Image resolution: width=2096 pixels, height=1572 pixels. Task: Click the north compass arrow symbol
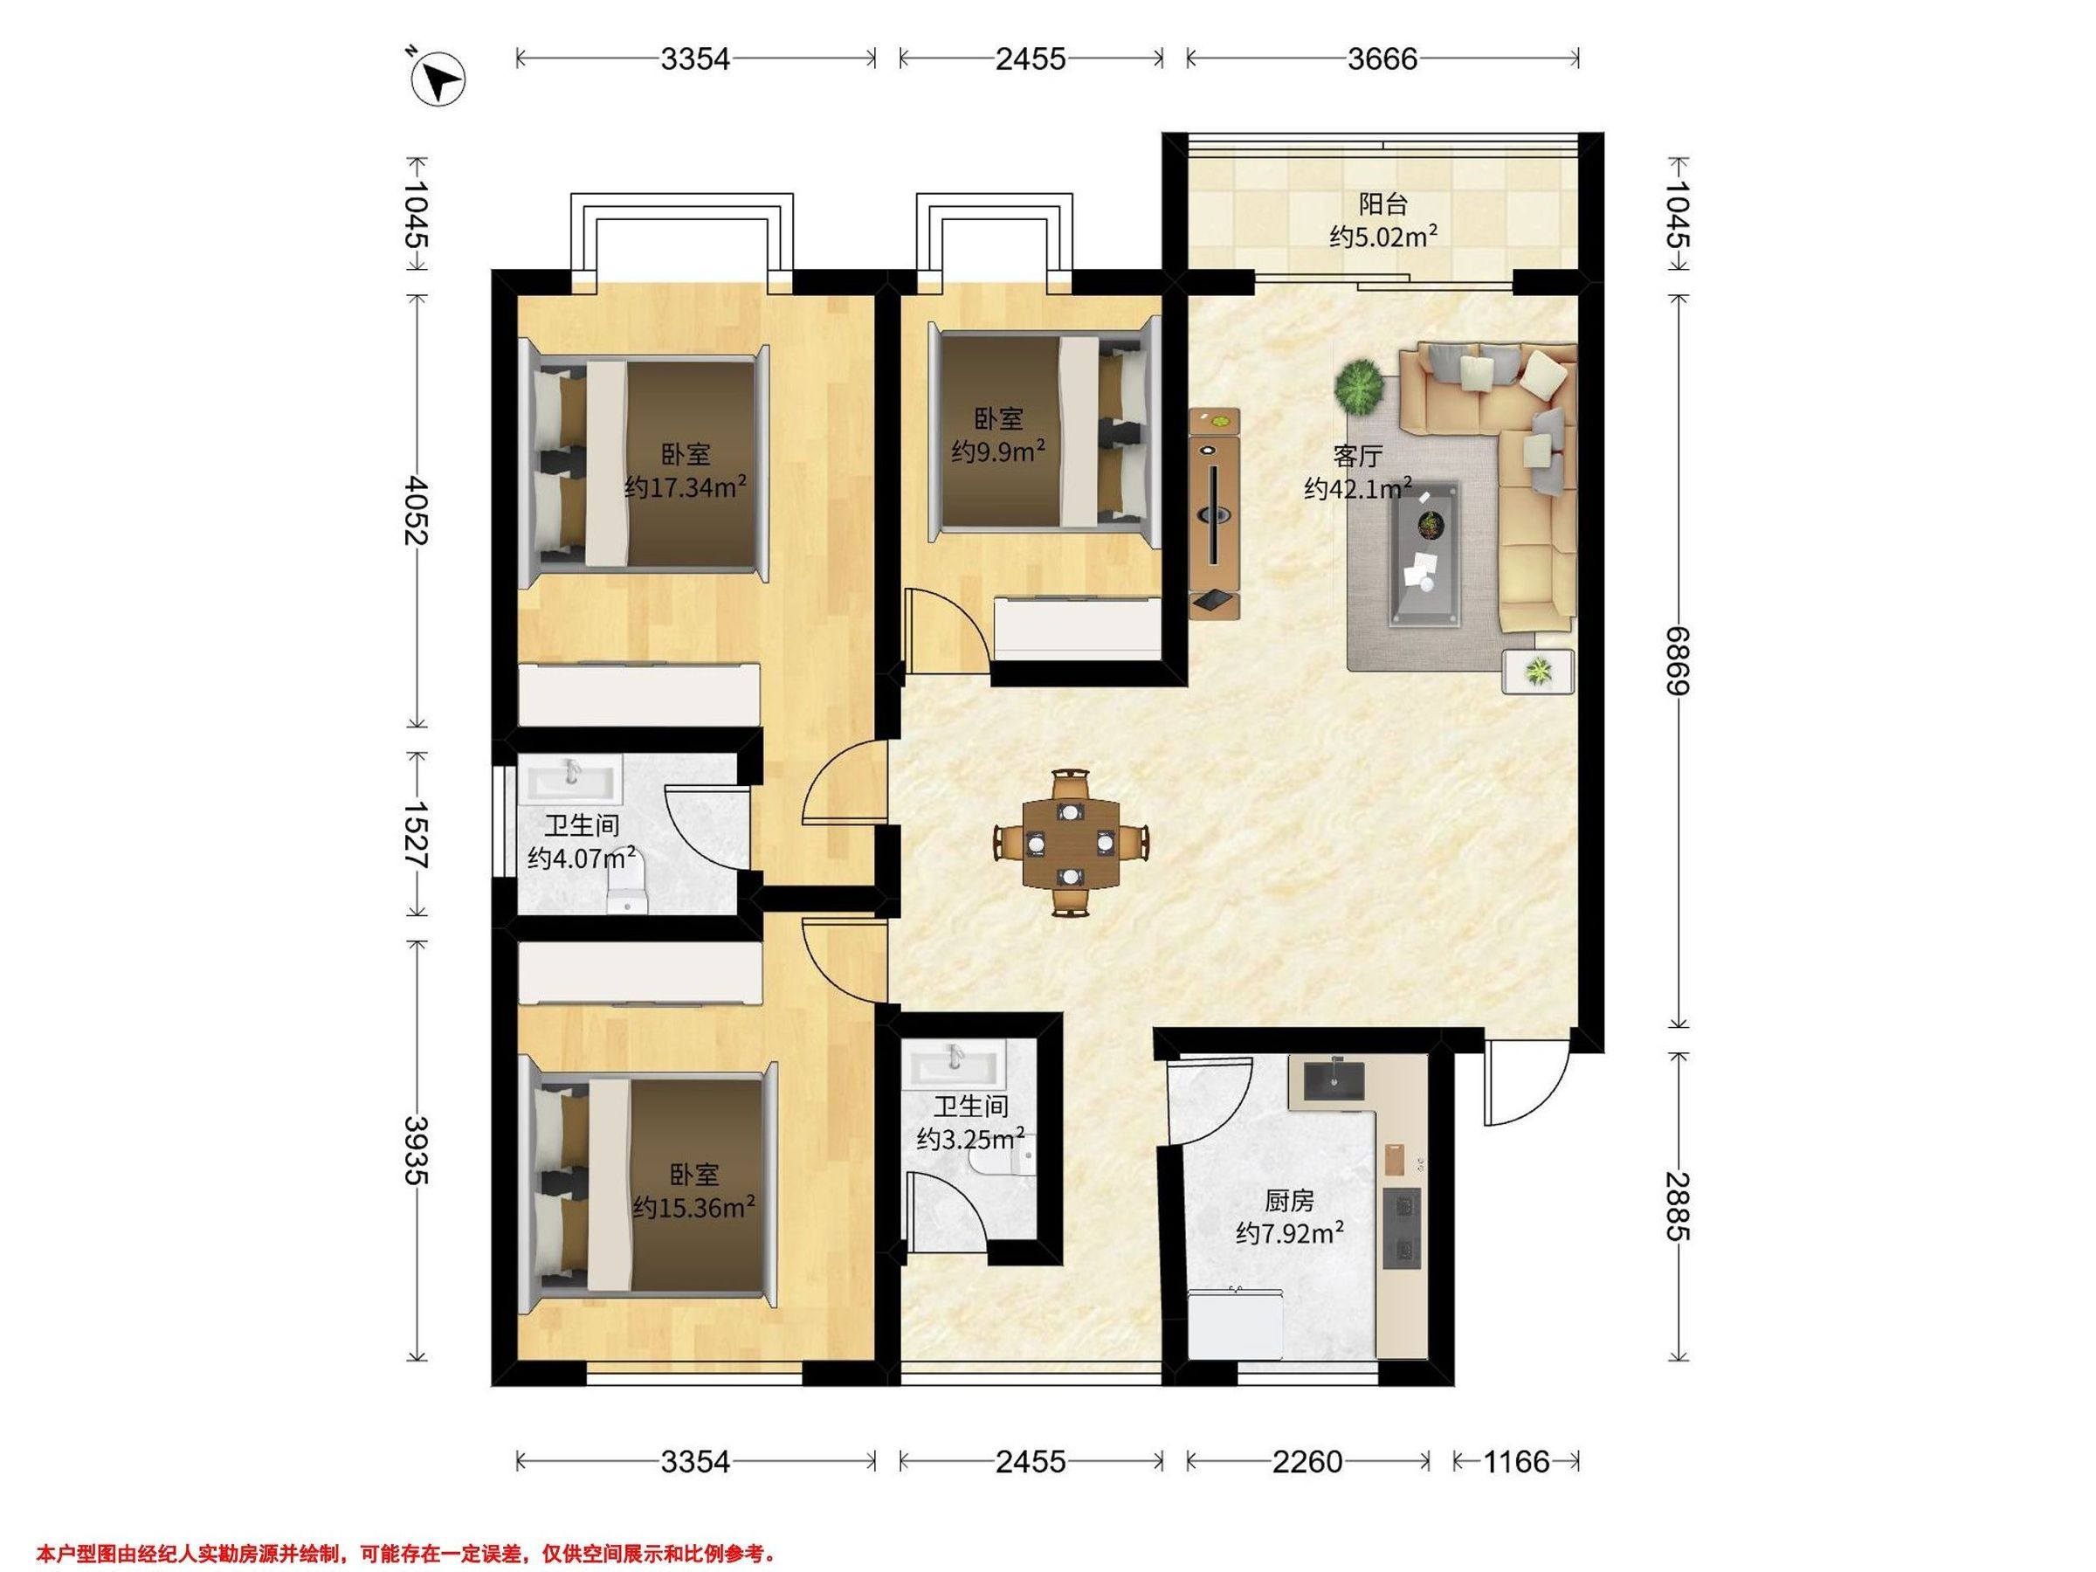coord(438,79)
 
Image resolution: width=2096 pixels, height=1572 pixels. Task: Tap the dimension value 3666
coord(1382,59)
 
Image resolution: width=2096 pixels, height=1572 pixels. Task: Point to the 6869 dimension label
coord(1679,660)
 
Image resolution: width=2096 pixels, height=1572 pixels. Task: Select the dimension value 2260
coord(1307,1462)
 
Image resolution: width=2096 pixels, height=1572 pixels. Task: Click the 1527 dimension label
coord(416,835)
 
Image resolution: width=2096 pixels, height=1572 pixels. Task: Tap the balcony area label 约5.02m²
coord(1383,236)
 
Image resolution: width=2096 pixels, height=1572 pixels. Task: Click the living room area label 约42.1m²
coord(1358,489)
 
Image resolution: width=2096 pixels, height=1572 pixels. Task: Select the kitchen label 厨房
coord(1290,1202)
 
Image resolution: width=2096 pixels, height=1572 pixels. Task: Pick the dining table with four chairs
coord(1071,841)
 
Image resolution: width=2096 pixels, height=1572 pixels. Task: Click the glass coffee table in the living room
coord(1425,554)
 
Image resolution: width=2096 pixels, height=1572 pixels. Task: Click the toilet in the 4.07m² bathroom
coord(625,884)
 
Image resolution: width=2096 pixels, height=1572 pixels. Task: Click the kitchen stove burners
coord(1403,1229)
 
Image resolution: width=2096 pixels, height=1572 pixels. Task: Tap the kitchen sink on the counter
coord(1334,1080)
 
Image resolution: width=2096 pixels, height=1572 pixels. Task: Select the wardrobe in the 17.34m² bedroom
coord(639,694)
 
